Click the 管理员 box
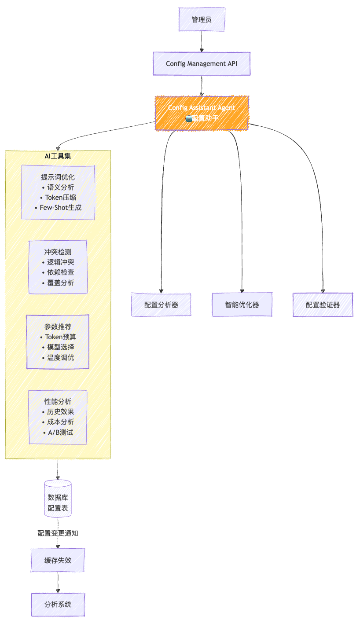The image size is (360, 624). (x=202, y=19)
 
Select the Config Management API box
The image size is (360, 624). (x=202, y=63)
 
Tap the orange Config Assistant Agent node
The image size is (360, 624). (x=202, y=113)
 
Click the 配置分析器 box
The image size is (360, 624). (x=161, y=305)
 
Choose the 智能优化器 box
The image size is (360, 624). (x=242, y=305)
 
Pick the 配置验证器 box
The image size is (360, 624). (x=323, y=305)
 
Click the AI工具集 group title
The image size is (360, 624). (x=58, y=156)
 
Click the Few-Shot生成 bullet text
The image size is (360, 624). (x=58, y=208)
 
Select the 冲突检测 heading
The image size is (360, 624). (x=58, y=252)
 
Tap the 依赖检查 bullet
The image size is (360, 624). (x=58, y=272)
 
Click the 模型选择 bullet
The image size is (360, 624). (x=58, y=347)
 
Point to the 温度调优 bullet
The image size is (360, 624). (x=58, y=357)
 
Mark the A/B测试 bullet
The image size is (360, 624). (x=58, y=432)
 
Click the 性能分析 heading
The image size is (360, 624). (x=58, y=401)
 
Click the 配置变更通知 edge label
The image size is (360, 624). (x=58, y=532)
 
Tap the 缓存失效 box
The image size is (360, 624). (x=58, y=560)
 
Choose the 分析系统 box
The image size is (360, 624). (x=58, y=604)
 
